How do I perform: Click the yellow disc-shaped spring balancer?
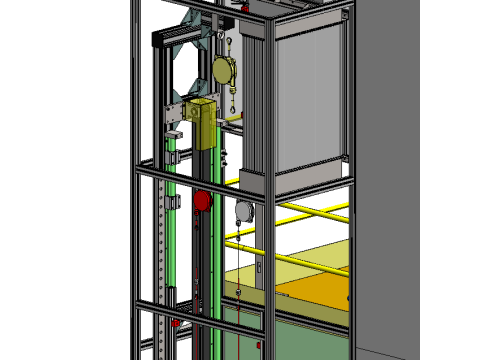pyautogui.click(x=225, y=69)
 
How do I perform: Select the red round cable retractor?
pyautogui.click(x=201, y=202)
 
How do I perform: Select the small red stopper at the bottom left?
pyautogui.click(x=176, y=323)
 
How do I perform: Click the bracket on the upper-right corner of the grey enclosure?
pyautogui.click(x=345, y=15)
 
